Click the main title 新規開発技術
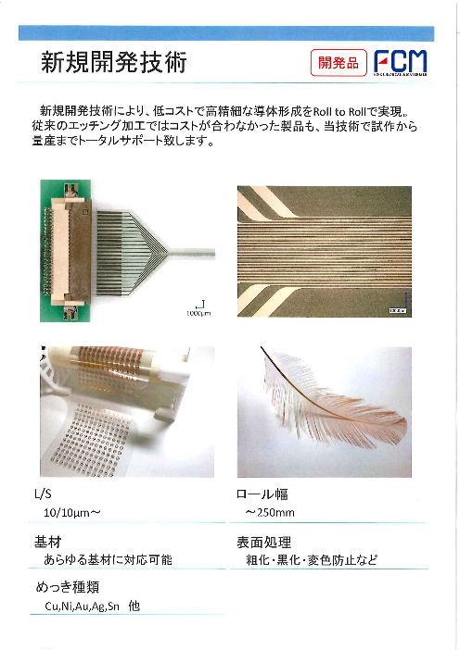click(114, 63)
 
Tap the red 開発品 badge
click(338, 63)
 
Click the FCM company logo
click(400, 63)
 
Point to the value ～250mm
click(270, 513)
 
